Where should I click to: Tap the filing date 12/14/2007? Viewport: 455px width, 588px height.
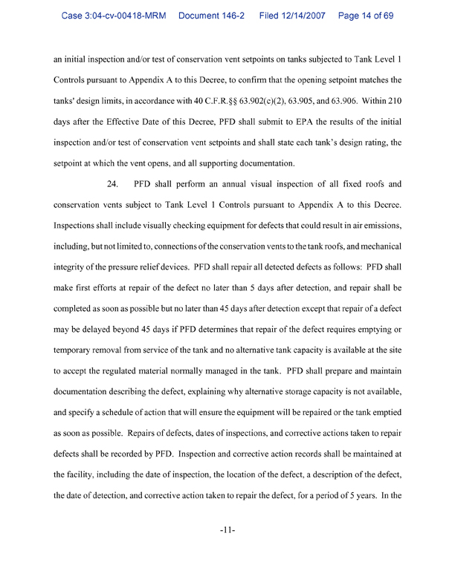(306, 15)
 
